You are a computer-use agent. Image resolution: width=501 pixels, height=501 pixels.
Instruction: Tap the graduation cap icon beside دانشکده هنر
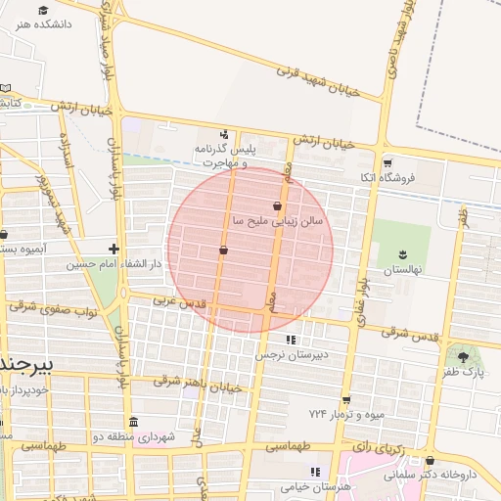tap(43, 10)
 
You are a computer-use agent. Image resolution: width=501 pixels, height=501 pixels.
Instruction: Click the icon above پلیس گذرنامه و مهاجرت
tap(225, 134)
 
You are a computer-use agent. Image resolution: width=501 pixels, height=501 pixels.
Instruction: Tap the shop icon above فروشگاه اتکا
tap(387, 163)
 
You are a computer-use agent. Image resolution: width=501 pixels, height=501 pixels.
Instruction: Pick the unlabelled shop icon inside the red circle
tap(224, 250)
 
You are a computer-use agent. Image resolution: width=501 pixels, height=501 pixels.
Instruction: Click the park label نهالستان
tap(400, 267)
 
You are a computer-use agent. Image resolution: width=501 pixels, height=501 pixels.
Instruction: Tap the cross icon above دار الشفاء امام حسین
tap(114, 249)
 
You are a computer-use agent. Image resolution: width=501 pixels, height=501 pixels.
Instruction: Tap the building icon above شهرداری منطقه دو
tap(134, 423)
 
